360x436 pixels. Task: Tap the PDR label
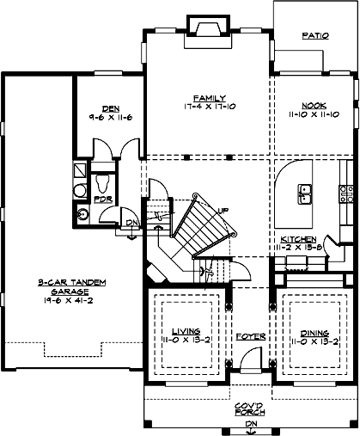pyautogui.click(x=101, y=200)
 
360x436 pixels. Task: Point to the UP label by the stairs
pyautogui.click(x=223, y=211)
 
